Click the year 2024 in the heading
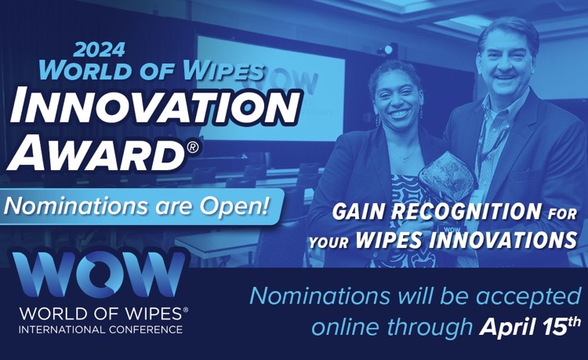click(x=99, y=50)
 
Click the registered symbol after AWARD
click(x=193, y=147)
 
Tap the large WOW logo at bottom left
click(x=98, y=275)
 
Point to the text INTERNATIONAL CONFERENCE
click(x=101, y=329)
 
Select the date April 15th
click(x=529, y=326)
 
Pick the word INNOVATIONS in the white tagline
click(x=503, y=240)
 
